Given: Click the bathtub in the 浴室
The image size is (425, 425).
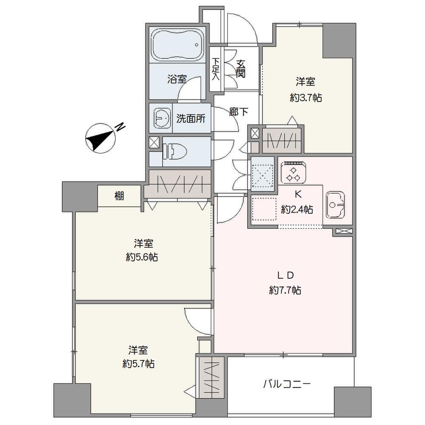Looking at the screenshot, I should pos(177,44).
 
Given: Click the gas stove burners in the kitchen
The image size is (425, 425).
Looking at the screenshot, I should pos(293,173).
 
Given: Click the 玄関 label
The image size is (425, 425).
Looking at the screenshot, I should pos(241,68).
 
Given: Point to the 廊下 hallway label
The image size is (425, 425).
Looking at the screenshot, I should pos(239,112).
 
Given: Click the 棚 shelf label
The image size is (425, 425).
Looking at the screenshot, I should pos(119,196).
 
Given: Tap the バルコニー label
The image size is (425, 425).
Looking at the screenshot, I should pos(287,384).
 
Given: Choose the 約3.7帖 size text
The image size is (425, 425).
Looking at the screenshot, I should pos(306,98).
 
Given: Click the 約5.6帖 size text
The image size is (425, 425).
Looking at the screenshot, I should pos(142,257).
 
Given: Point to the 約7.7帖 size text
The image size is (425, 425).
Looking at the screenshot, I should pos(285,290).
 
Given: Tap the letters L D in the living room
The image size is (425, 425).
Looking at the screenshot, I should pos(286,275).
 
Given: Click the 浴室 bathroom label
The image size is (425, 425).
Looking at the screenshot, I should pos(177,79).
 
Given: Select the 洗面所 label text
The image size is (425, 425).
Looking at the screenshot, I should pos(191,119).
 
